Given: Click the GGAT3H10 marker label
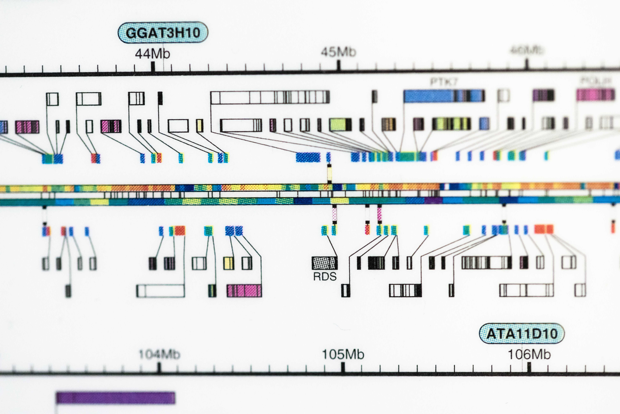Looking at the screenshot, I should coord(163,33).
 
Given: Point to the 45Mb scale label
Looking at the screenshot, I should coord(338,52).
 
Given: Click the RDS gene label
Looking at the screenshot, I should coord(325,276).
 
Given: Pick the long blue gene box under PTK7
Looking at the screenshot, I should coord(444,96).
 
